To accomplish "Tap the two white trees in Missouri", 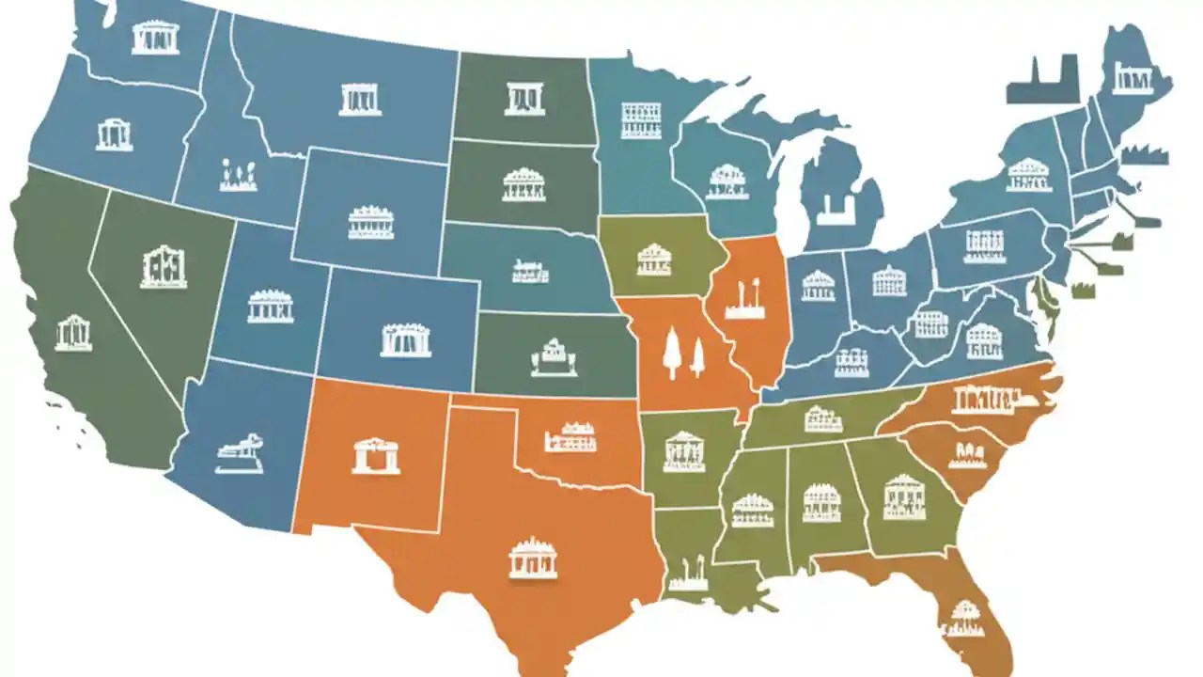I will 683,354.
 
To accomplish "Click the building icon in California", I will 73,334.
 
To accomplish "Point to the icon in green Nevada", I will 164,267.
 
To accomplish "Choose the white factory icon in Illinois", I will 744,301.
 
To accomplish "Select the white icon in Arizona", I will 239,454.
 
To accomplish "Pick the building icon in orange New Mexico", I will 376,456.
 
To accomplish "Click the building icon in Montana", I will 360,99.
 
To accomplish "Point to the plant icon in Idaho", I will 239,176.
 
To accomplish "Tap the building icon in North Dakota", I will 523,99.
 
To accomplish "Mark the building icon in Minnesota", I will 641,120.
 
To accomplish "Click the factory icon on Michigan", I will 833,210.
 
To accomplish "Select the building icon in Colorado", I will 406,339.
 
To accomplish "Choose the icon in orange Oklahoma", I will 570,437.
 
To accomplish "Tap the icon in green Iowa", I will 654,260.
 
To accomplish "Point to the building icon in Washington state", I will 155,38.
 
